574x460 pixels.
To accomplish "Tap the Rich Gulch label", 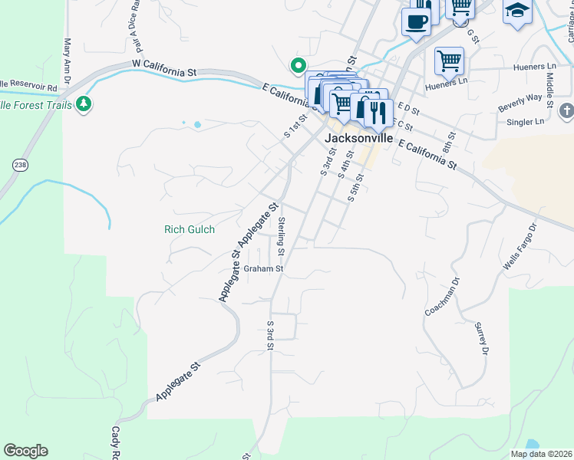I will (x=190, y=228).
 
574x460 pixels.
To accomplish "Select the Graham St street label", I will (x=264, y=269).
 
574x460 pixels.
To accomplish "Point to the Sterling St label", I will (x=282, y=236).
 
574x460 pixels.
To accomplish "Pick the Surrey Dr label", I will (x=482, y=339).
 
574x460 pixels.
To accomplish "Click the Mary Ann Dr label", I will (x=68, y=62).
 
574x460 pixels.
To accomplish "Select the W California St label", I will (x=163, y=67).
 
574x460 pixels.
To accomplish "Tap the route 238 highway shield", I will (x=20, y=164).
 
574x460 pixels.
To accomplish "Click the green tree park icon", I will (x=84, y=104).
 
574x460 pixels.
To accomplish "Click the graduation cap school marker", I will (x=518, y=11).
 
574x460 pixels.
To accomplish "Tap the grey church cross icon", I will (x=567, y=110).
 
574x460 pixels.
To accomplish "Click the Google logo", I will (x=25, y=451).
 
